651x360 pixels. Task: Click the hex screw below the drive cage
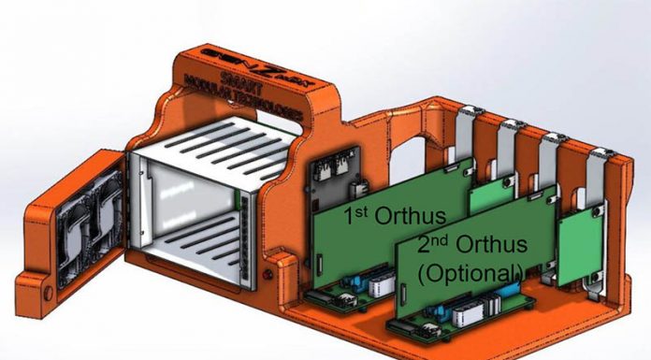(270, 274)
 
